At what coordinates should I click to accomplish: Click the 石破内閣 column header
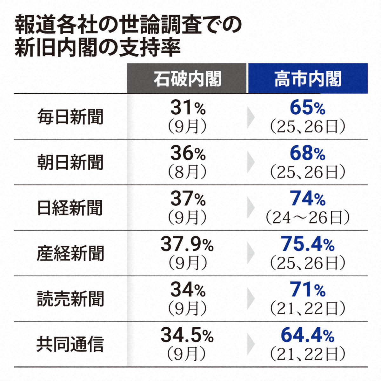pos(187,79)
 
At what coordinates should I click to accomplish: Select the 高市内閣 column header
pos(308,79)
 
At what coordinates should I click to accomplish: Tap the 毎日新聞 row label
pos(70,117)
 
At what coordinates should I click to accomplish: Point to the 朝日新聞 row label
pos(70,162)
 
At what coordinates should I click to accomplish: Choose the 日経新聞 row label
pos(70,208)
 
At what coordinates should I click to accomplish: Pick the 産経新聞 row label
pos(70,253)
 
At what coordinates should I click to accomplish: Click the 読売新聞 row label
pos(70,299)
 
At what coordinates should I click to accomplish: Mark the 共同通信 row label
pos(70,344)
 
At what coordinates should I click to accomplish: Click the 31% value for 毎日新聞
pos(188,108)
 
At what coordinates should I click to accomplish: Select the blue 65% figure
pos(307,108)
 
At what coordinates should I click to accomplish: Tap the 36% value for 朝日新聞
pos(188,153)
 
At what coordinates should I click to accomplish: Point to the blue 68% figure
pos(307,153)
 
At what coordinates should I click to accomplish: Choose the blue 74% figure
pos(307,199)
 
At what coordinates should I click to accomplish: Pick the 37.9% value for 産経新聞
pos(187,244)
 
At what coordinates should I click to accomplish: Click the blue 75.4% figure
pos(307,244)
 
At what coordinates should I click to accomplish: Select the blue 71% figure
pos(307,290)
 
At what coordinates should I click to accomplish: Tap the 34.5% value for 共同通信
pos(187,335)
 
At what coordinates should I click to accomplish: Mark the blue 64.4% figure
pos(307,335)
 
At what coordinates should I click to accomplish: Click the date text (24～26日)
pos(307,218)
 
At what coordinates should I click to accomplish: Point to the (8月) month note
pos(187,172)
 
